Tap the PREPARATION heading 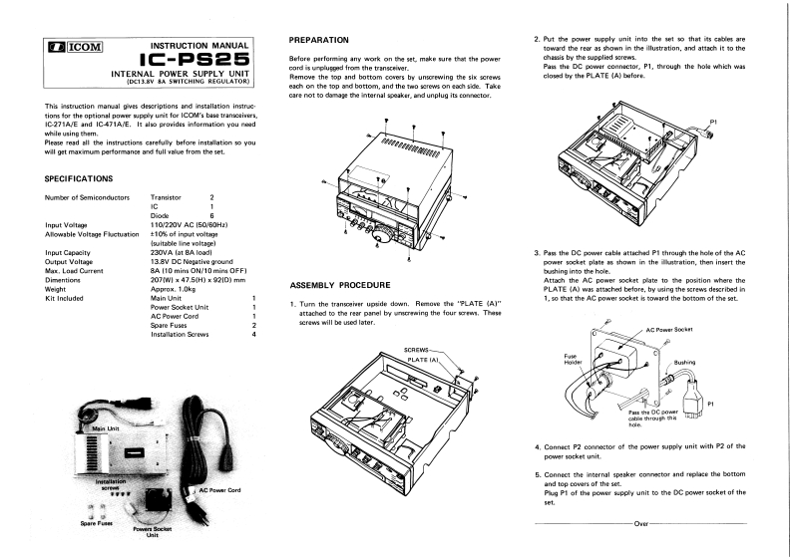pyautogui.click(x=318, y=40)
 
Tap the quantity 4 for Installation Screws pyautogui.click(x=255, y=334)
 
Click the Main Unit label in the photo pyautogui.click(x=106, y=428)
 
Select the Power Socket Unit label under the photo pyautogui.click(x=153, y=532)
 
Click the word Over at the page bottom pyautogui.click(x=640, y=521)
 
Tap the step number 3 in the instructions pyautogui.click(x=538, y=254)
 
